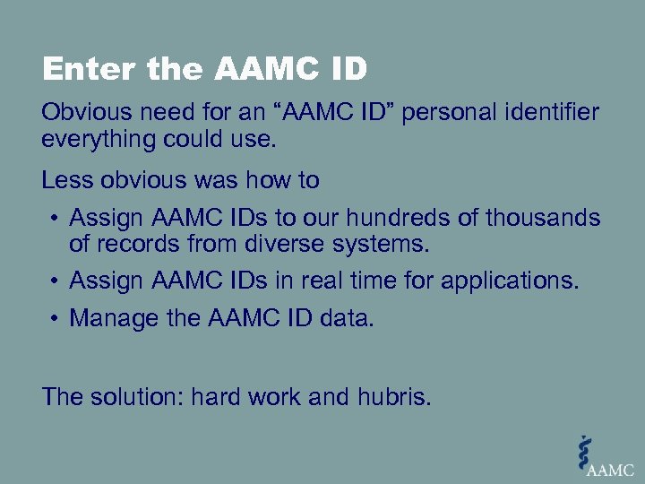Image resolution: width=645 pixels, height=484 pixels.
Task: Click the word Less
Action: coord(64,180)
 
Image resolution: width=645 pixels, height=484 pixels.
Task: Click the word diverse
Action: coord(282,243)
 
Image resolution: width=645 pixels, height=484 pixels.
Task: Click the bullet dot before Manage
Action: coord(55,319)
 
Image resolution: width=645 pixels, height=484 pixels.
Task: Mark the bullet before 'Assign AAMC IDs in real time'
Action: coord(55,281)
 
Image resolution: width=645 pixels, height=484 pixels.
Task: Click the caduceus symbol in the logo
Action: coord(585,450)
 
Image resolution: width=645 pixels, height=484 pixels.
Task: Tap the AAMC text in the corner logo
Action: coord(613,468)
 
